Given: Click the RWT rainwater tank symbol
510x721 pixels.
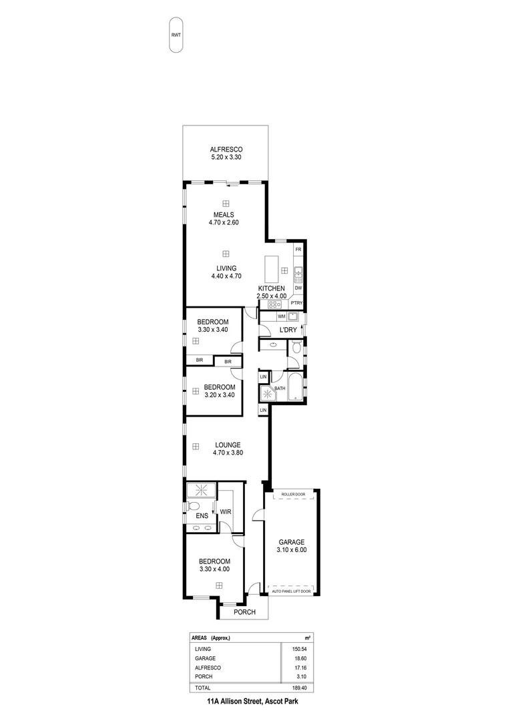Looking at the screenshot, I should coord(176,35).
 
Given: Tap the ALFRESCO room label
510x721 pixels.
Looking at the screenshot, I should coord(226,150).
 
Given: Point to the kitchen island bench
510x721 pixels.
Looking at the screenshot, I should coord(271,270).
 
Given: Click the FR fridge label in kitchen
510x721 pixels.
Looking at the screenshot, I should coord(298,249).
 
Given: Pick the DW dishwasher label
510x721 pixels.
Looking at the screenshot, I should coord(298,288).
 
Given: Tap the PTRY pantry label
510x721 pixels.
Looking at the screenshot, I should coord(297,303).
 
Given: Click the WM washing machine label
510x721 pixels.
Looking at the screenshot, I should coord(282,316).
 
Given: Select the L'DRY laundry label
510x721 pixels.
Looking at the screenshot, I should coord(288,330).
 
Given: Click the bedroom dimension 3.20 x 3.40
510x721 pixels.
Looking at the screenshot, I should coord(219,395).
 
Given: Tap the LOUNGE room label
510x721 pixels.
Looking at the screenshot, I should coord(227,445).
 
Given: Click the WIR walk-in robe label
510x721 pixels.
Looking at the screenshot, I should coord(226,512).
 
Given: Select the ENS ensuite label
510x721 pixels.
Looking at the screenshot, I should coord(202,515).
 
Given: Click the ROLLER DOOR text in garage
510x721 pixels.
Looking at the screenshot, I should coord(292,495).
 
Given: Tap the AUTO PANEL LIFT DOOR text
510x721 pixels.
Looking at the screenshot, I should coord(292,591).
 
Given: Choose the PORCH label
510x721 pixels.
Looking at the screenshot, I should coord(244,612).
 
